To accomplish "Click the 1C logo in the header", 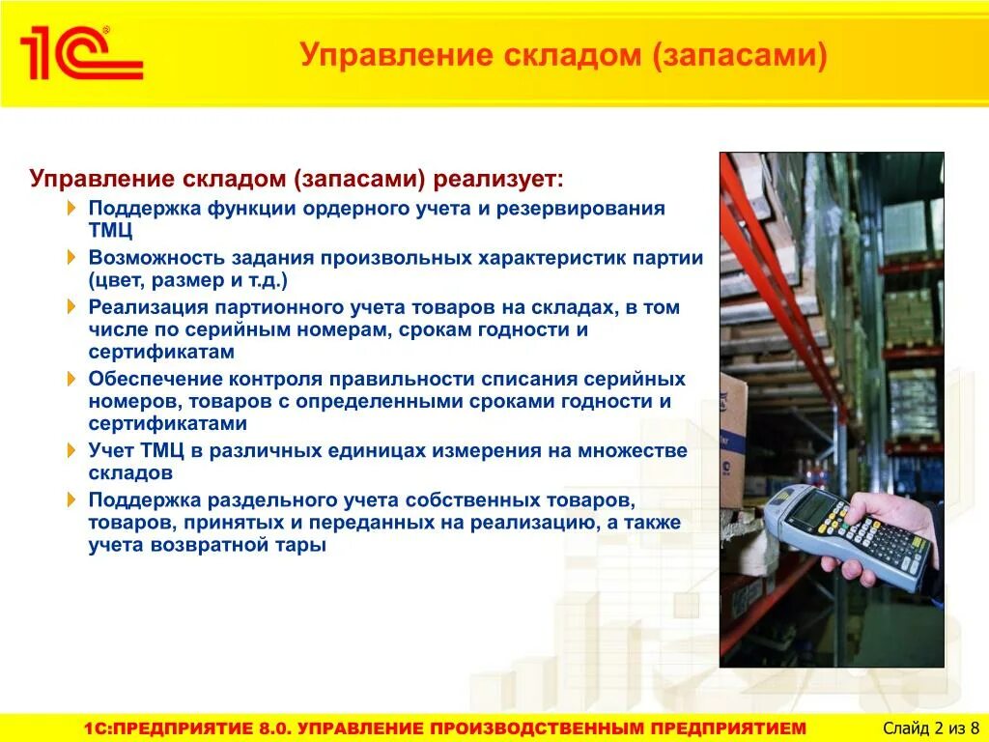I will tap(81, 54).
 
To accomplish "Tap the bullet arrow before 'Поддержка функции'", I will tap(73, 209).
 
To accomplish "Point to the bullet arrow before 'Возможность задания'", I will tap(73, 258).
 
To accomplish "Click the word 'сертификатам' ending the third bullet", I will tap(161, 352).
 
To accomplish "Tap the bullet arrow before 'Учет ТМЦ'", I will tap(73, 451).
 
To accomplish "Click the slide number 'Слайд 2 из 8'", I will tap(931, 728).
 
